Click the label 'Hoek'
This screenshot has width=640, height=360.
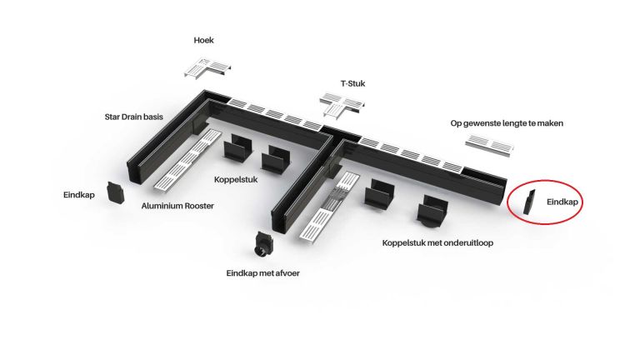tap(203, 40)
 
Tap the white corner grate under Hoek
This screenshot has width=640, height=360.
tap(207, 67)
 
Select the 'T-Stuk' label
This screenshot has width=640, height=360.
tap(352, 83)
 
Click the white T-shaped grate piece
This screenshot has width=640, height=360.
tap(342, 104)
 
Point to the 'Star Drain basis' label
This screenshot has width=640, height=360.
tap(134, 117)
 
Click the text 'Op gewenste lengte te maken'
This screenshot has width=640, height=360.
tap(507, 123)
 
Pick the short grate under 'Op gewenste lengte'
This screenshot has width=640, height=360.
tap(489, 145)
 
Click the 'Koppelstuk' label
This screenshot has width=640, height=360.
tap(236, 180)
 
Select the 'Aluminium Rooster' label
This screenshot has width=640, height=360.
tap(177, 206)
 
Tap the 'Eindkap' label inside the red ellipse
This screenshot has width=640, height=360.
tap(562, 202)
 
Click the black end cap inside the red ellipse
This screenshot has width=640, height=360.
tap(529, 202)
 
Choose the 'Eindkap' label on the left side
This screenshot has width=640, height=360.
tap(79, 195)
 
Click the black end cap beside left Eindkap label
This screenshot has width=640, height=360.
tap(115, 192)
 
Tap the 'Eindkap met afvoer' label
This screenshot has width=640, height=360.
tap(262, 273)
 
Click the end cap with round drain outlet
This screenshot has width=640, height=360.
tap(263, 243)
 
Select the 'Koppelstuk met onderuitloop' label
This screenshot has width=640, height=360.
tap(437, 243)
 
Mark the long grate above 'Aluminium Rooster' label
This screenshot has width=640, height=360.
tap(187, 160)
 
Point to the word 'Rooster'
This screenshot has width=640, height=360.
tap(199, 206)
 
